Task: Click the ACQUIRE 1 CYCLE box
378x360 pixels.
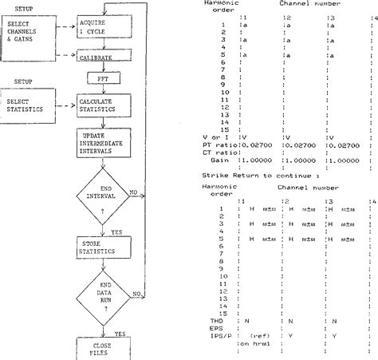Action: point(100,26)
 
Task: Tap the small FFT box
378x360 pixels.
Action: point(101,80)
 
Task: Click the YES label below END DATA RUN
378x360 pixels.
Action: point(120,334)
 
